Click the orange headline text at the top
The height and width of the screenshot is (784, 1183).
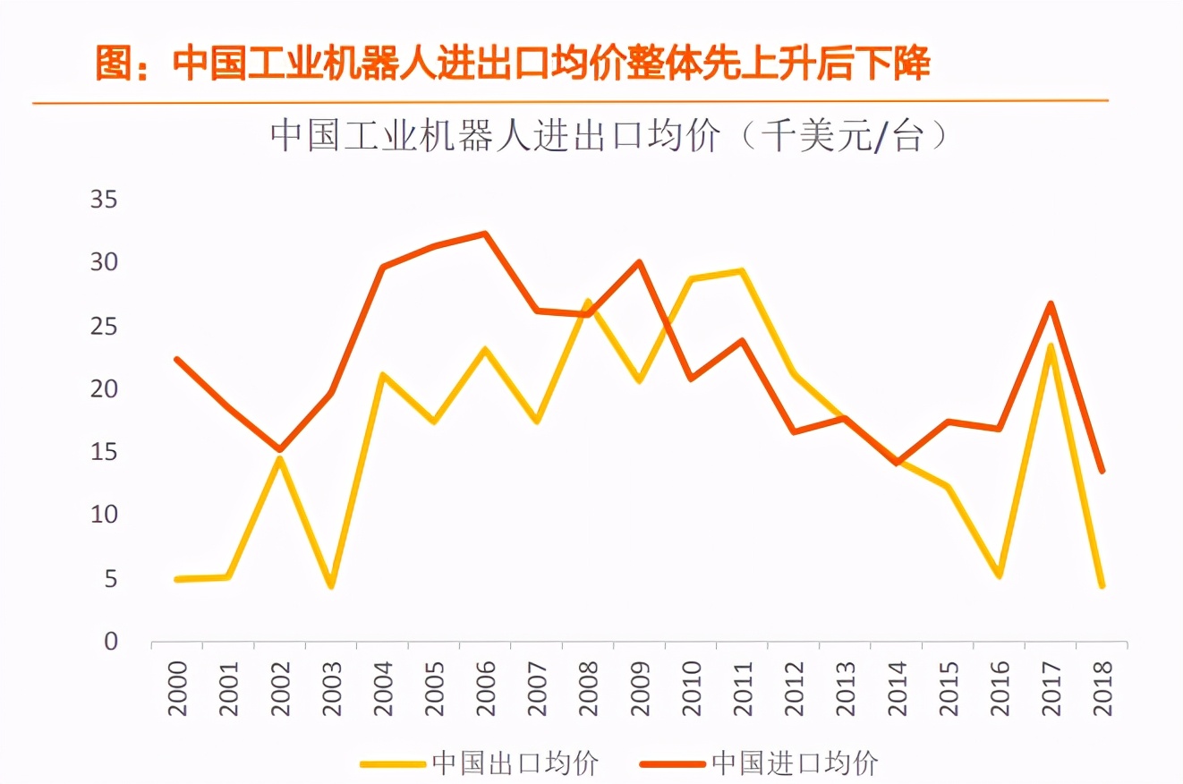coord(514,64)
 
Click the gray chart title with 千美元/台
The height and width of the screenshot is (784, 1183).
coord(609,137)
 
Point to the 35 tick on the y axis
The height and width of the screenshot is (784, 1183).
coord(104,199)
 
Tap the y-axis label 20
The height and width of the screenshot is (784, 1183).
coord(104,389)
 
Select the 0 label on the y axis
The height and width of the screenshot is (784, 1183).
coord(111,642)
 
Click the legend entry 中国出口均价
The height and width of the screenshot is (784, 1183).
coord(514,763)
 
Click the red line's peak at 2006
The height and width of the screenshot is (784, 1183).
coord(485,234)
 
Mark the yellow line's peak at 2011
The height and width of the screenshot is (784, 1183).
coord(742,271)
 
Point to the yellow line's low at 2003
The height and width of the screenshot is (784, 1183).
coord(330,586)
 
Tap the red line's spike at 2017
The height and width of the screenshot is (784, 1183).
coord(1051,303)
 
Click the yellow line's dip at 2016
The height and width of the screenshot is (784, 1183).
coord(1000,575)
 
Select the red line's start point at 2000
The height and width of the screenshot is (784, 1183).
coord(177,360)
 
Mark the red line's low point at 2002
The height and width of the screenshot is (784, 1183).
coord(279,449)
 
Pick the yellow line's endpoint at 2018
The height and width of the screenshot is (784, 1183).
coord(1102,586)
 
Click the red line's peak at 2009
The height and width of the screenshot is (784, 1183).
coord(639,262)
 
